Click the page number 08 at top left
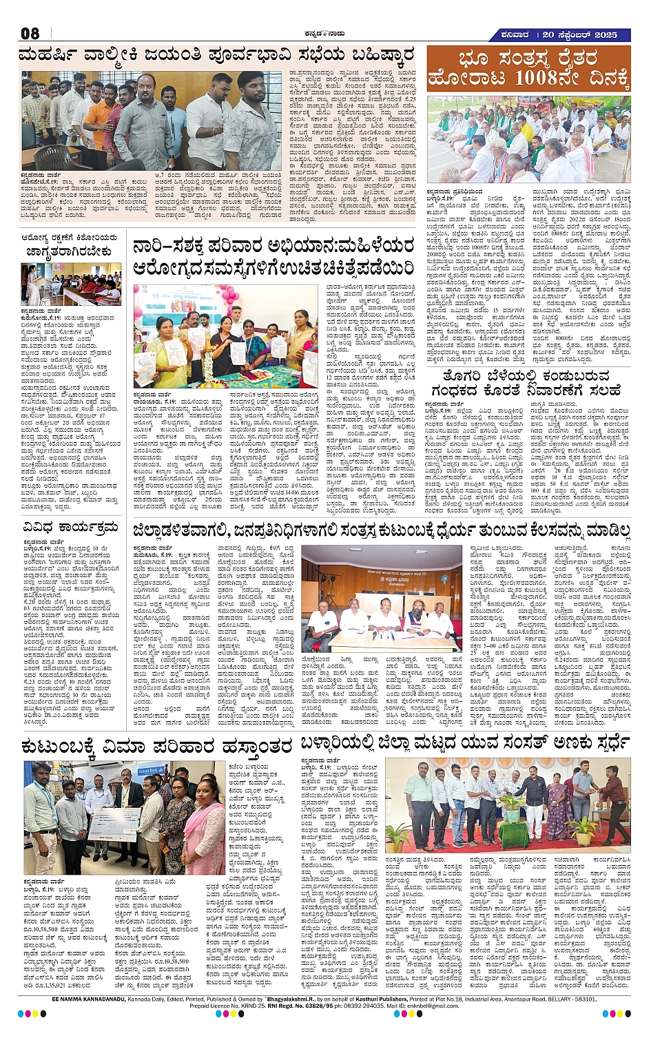(30, 33)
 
